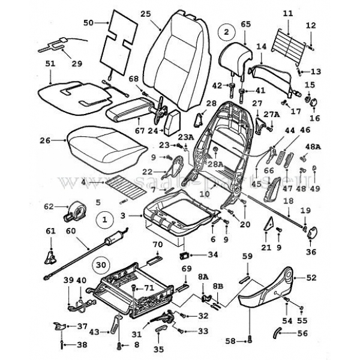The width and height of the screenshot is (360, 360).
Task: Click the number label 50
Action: click(88, 23)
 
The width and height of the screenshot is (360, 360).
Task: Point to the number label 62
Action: click(49, 208)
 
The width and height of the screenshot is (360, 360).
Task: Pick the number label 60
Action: click(71, 230)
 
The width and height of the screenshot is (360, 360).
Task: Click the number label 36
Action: click(311, 253)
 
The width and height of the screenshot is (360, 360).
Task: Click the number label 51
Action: click(50, 64)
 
